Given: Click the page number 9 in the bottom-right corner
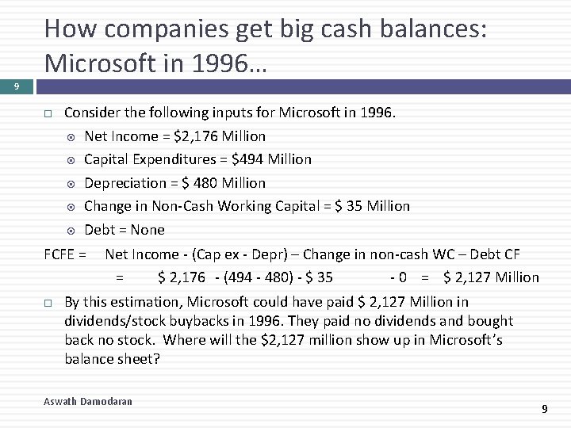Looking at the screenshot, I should click(544, 409).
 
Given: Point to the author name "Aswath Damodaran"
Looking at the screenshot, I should click(88, 402).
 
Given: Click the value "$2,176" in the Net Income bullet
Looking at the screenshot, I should click(194, 136).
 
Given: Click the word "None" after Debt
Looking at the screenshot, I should click(148, 230).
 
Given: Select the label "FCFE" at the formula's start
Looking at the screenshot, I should click(59, 254).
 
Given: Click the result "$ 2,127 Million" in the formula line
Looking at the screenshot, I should click(491, 277).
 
